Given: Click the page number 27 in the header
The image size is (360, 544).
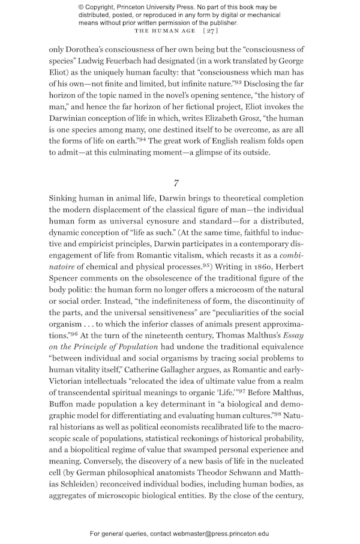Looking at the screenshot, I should click(210, 31).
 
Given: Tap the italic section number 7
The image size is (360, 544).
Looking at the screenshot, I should click(176, 183).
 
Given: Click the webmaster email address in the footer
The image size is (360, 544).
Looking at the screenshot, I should click(221, 533).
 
